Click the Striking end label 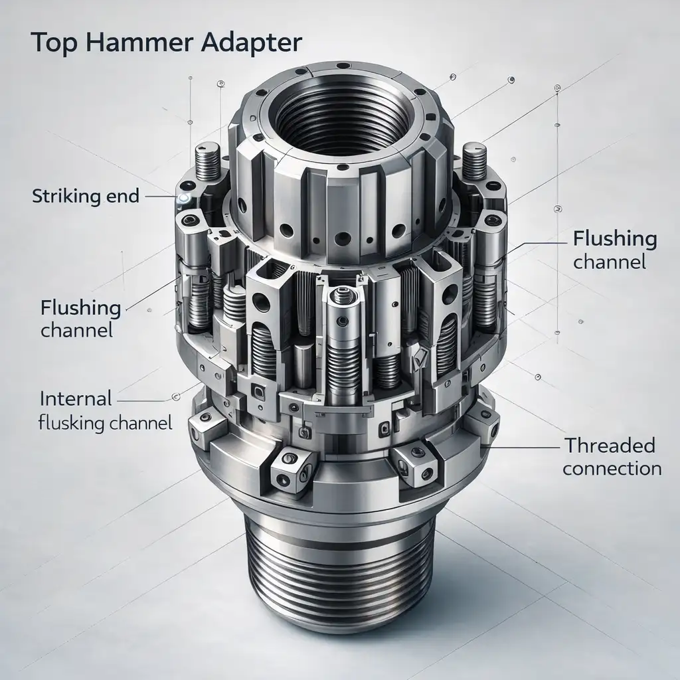click(85, 197)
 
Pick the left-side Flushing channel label click(81, 319)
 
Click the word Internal click(76, 399)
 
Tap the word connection click(612, 468)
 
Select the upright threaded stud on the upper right click(475, 159)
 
